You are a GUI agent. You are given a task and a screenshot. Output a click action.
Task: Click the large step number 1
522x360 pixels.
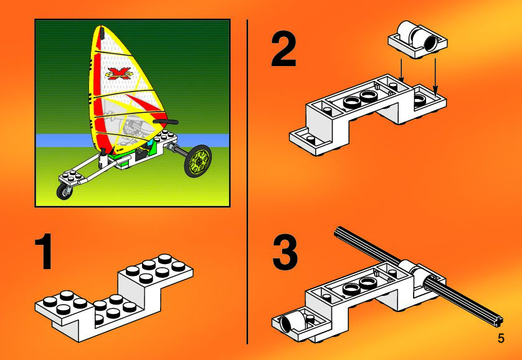tap(44, 251)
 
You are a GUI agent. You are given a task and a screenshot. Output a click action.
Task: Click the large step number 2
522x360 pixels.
tap(283, 50)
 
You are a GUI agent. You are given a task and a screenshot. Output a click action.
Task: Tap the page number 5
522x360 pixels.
tap(501, 339)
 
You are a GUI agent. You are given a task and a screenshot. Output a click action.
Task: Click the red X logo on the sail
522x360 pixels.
tap(118, 73)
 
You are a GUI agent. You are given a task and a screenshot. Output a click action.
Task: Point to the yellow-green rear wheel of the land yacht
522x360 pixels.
tap(197, 161)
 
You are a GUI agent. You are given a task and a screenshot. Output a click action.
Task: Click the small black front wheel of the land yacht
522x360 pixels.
tap(64, 191)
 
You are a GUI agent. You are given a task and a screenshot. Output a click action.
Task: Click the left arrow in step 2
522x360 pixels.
tap(401, 70)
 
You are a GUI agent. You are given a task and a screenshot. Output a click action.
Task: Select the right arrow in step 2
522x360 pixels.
tap(435, 75)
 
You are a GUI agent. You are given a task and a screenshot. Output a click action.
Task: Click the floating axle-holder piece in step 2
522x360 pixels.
tap(418, 39)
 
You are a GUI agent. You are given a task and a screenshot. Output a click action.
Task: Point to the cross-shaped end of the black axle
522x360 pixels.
tap(498, 321)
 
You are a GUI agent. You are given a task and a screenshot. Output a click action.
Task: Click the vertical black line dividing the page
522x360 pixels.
tap(247, 182)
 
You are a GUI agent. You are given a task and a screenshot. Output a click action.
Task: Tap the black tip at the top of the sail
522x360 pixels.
tap(102, 32)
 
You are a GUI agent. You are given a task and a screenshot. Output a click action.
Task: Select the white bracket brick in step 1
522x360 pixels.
tap(114, 298)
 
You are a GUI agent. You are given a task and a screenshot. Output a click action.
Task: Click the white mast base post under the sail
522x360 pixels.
tap(103, 159)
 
